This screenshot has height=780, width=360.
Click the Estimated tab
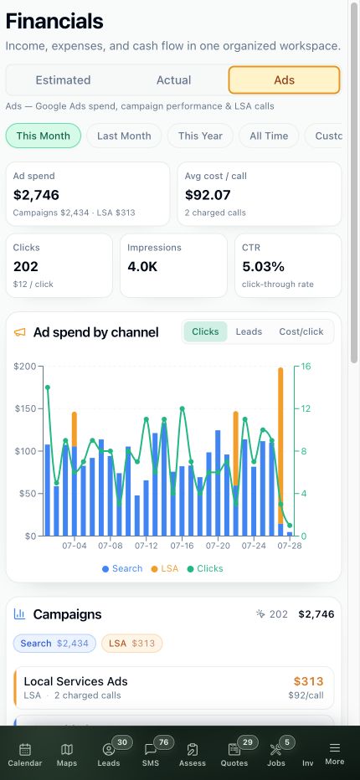pyautogui.click(x=64, y=80)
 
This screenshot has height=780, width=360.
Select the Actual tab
pyautogui.click(x=174, y=80)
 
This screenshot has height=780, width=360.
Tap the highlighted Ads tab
pyautogui.click(x=285, y=80)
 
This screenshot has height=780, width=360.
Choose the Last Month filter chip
pyautogui.click(x=124, y=136)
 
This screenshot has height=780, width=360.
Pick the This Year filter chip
pyautogui.click(x=200, y=136)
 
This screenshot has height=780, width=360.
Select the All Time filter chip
pyautogui.click(x=269, y=136)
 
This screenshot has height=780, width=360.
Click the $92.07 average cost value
pyautogui.click(x=208, y=195)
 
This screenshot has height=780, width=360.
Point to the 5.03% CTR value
pyautogui.click(x=264, y=267)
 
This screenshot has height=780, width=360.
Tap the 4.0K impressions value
pyautogui.click(x=142, y=267)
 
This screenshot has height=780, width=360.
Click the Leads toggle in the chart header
pyautogui.click(x=249, y=331)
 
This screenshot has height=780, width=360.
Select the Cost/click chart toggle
pyautogui.click(x=301, y=331)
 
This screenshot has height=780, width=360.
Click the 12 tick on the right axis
pyautogui.click(x=306, y=409)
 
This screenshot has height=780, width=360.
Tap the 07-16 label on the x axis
pyautogui.click(x=182, y=546)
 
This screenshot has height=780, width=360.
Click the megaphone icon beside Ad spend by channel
pyautogui.click(x=19, y=332)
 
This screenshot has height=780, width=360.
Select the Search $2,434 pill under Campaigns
pyautogui.click(x=54, y=644)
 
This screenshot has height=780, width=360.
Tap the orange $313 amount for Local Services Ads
pyautogui.click(x=308, y=681)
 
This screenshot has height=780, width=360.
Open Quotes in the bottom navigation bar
pyautogui.click(x=234, y=755)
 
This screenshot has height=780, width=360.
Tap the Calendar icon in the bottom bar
pyautogui.click(x=25, y=749)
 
